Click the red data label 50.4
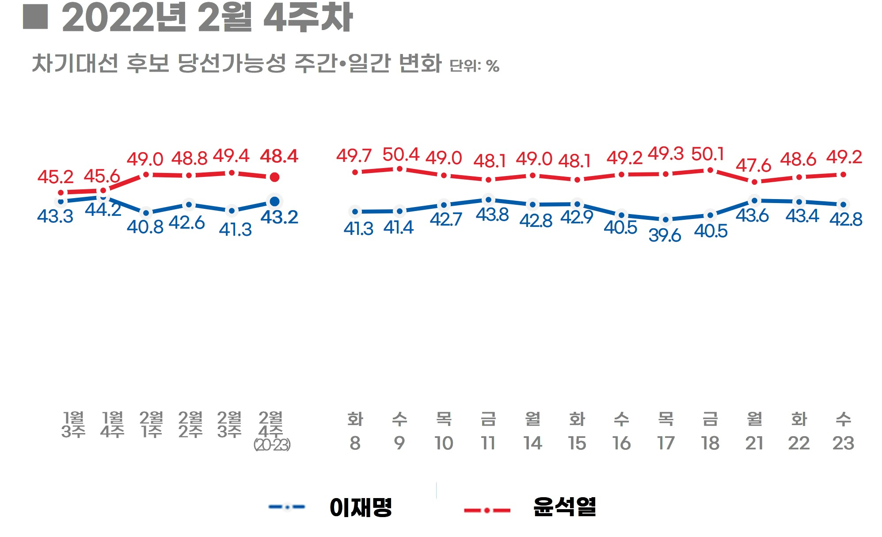(400, 155)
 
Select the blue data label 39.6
(665, 235)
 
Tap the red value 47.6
(753, 166)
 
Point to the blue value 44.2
(103, 210)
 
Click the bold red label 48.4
(279, 156)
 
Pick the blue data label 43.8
(492, 215)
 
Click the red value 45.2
(55, 177)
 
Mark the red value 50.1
(707, 154)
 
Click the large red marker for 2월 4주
(274, 177)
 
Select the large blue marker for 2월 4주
(274, 202)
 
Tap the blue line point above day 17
(665, 219)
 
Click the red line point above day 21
(754, 182)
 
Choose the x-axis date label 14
(532, 443)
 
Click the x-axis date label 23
(843, 443)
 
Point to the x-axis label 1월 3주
(73, 425)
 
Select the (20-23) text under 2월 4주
(272, 445)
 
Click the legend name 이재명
(361, 507)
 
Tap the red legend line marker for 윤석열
(487, 510)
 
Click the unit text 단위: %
(474, 66)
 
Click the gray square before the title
(35, 17)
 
